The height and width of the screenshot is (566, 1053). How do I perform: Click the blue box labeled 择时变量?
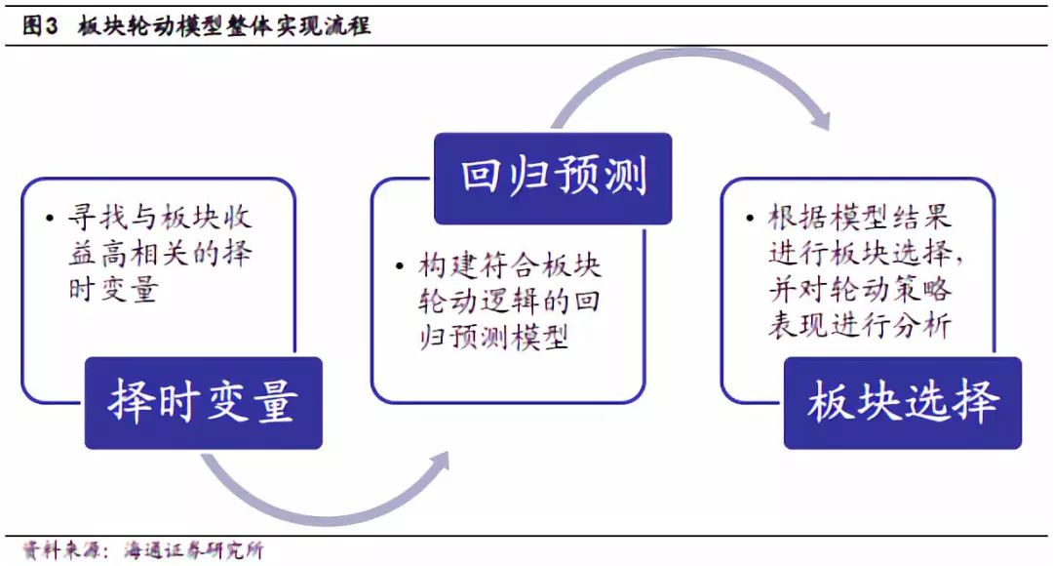click(x=203, y=402)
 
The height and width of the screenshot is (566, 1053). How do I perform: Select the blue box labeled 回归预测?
click(x=553, y=178)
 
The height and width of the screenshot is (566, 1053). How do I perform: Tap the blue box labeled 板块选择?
click(x=902, y=402)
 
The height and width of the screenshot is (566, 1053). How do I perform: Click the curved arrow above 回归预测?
click(x=682, y=73)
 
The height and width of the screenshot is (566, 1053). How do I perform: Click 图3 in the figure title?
click(x=40, y=26)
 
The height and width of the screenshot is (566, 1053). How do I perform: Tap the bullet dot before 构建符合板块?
click(x=400, y=266)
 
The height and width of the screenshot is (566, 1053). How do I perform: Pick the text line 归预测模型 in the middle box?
click(x=493, y=338)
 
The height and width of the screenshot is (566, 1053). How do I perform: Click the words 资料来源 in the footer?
click(x=58, y=550)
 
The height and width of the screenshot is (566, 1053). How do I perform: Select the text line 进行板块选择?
click(x=862, y=254)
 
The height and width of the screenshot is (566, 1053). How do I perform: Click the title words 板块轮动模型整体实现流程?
click(x=224, y=26)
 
